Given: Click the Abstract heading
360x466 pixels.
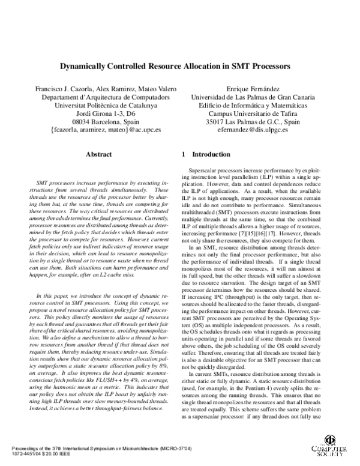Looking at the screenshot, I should point(99,154).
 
